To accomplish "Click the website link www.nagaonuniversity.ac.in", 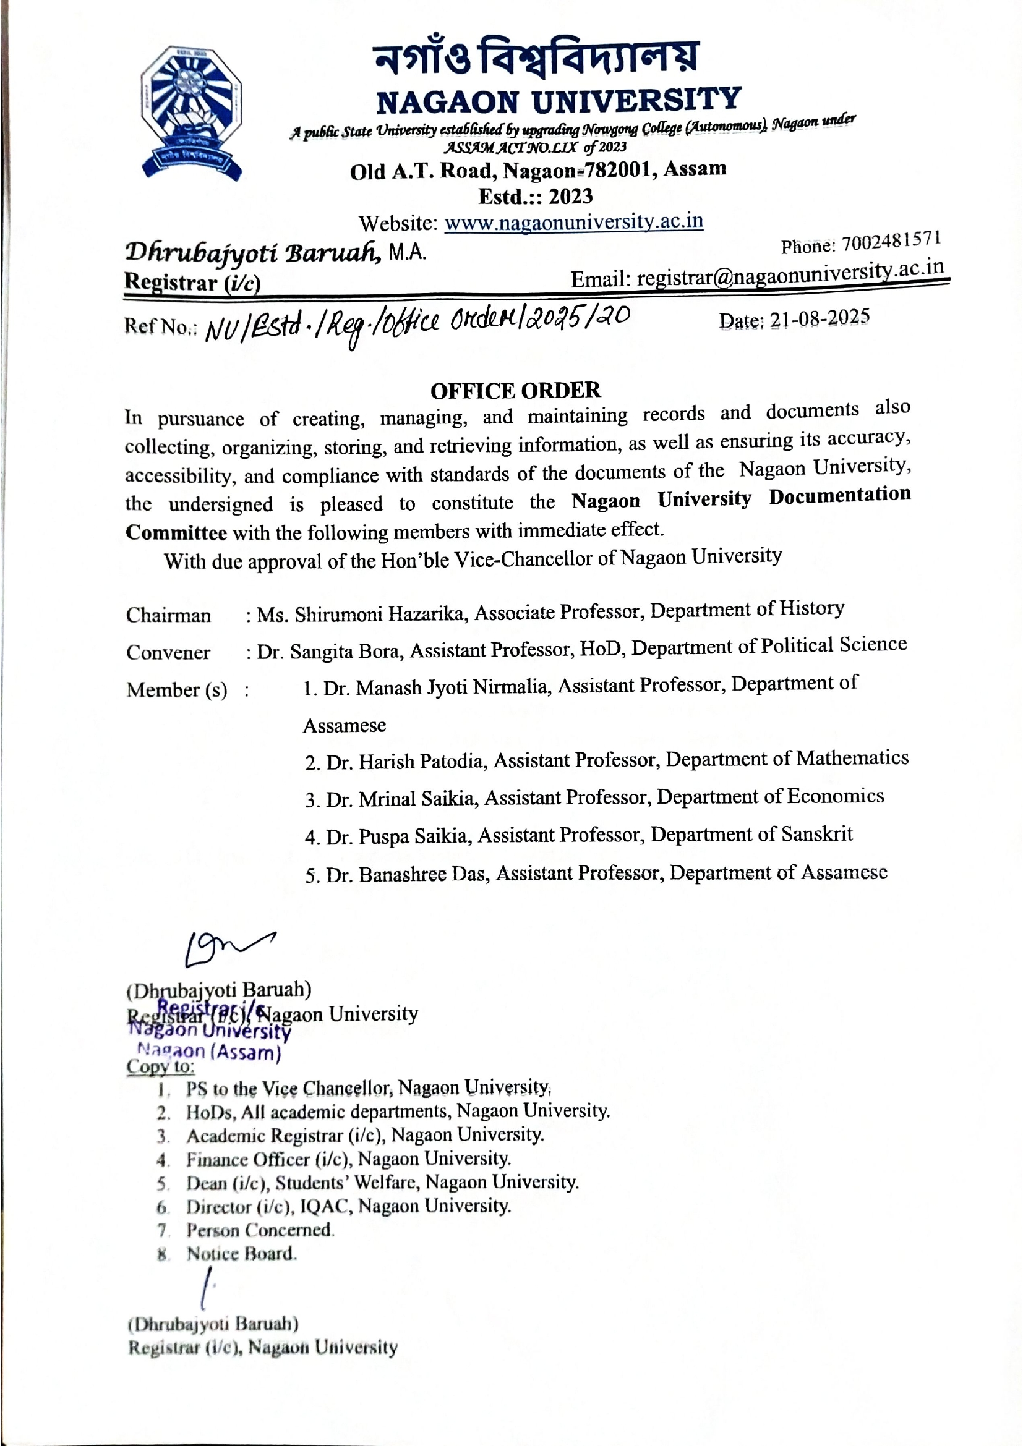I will click(573, 223).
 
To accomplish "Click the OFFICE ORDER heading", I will click(515, 391).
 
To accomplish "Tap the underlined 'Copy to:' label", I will click(160, 1066).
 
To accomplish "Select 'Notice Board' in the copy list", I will click(241, 1253).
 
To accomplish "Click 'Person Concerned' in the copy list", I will click(260, 1230).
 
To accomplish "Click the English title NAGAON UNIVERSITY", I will click(558, 100).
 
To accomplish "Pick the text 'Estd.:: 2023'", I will click(536, 197).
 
